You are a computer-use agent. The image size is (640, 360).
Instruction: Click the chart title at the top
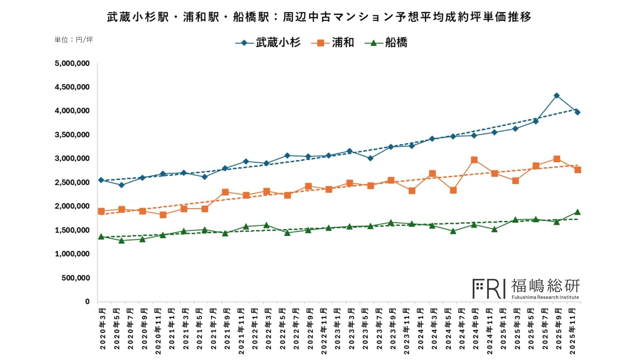click(319, 17)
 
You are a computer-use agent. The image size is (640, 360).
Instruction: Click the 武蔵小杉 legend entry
click(268, 43)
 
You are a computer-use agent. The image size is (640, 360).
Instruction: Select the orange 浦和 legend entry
click(333, 43)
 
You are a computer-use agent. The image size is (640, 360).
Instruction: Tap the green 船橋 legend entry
click(386, 43)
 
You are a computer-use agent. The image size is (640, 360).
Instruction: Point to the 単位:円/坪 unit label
click(74, 40)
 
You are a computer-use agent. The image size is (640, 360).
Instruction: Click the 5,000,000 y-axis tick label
click(72, 63)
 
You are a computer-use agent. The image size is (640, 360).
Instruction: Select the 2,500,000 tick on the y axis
click(72, 182)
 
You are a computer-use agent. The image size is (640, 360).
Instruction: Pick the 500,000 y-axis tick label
click(76, 278)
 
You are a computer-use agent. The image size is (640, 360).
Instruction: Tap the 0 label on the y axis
click(87, 301)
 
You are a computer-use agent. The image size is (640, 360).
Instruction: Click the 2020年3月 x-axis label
click(103, 329)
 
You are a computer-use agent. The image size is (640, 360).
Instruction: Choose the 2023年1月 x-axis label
click(338, 329)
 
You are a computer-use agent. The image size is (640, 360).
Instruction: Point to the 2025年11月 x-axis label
click(572, 331)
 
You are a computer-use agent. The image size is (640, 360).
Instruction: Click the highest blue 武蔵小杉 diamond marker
click(557, 96)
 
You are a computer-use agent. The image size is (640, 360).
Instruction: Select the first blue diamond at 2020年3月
click(101, 180)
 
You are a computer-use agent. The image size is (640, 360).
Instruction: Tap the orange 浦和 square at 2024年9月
click(474, 160)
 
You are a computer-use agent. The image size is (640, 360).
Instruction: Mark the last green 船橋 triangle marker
click(577, 212)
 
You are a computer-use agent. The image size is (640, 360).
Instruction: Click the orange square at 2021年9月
click(225, 192)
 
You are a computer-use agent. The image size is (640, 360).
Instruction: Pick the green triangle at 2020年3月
click(101, 237)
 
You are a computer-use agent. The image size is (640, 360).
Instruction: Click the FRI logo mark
click(489, 289)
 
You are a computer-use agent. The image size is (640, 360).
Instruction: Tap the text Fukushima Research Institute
click(545, 297)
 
